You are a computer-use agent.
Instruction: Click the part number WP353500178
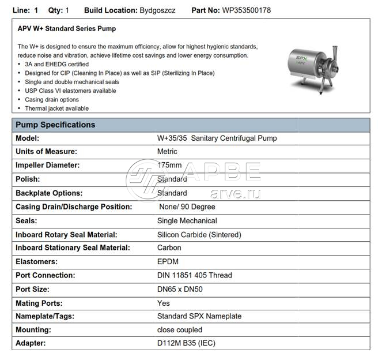(x=247, y=10)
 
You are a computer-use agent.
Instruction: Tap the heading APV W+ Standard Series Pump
(x=66, y=28)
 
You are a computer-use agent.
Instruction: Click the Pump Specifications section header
(x=55, y=125)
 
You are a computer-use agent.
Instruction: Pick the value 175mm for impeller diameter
(x=169, y=166)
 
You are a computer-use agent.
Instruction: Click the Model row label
(x=28, y=138)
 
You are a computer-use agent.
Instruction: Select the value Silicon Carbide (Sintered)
(x=199, y=235)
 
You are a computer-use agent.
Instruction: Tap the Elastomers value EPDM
(x=168, y=262)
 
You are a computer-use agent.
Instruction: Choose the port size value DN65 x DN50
(x=184, y=289)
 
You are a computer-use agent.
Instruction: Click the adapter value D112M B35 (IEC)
(x=187, y=344)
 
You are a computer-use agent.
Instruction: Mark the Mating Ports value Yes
(x=164, y=303)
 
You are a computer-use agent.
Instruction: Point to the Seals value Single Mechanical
(x=187, y=221)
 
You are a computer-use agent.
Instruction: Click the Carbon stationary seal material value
(x=169, y=248)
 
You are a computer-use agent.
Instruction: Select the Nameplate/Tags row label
(x=46, y=317)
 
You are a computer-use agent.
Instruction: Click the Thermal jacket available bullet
(x=56, y=108)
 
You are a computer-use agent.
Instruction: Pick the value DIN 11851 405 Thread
(x=194, y=276)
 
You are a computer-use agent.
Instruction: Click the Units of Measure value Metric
(x=167, y=152)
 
